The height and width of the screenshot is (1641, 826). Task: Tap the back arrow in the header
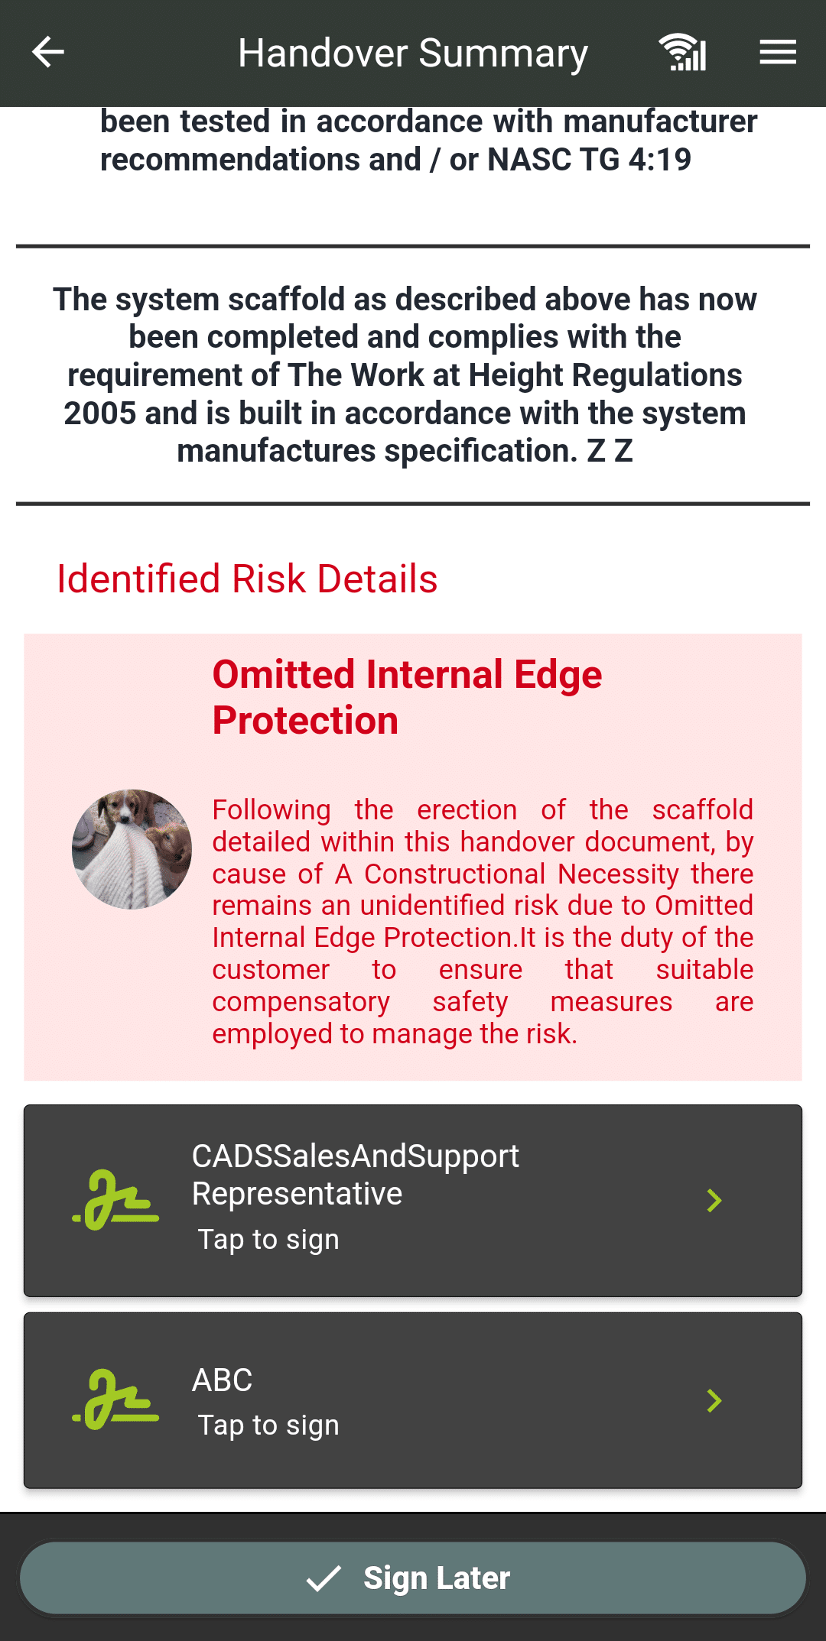[47, 52]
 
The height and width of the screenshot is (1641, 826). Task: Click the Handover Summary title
[413, 54]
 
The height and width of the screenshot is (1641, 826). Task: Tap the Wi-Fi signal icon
[682, 53]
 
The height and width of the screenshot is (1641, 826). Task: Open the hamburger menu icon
[778, 52]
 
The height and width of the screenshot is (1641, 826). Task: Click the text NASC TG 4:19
[589, 160]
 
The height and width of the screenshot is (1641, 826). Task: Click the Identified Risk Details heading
[247, 579]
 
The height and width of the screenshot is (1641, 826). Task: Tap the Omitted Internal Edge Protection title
[407, 697]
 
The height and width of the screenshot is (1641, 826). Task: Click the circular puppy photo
[132, 849]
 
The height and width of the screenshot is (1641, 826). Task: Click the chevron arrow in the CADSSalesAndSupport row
[714, 1201]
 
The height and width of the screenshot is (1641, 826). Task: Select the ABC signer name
[222, 1380]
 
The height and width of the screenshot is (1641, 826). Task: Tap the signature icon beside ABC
[115, 1400]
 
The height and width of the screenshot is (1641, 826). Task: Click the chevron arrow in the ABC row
[714, 1401]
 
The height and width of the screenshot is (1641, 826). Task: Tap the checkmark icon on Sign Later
[324, 1578]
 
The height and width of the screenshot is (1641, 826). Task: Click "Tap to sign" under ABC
[268, 1425]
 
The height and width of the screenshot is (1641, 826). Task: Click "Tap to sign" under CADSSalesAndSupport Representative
[268, 1240]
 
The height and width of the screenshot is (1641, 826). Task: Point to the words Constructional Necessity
[522, 874]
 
